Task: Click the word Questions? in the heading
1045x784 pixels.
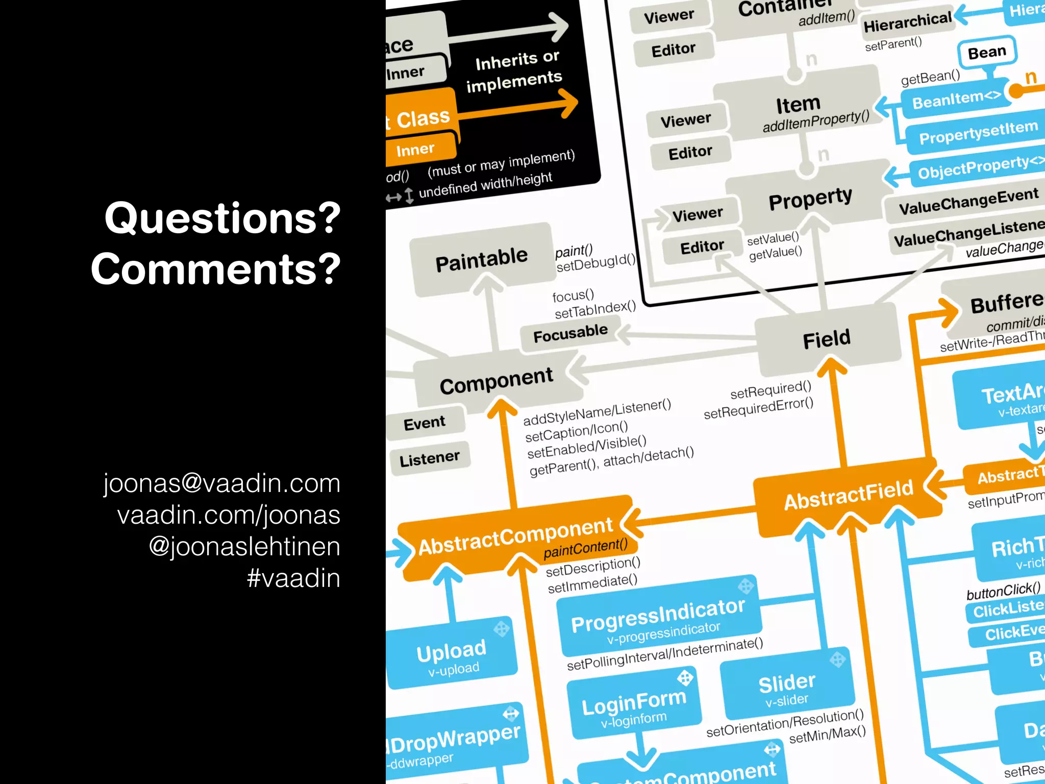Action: (x=222, y=218)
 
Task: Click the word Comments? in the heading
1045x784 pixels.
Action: (x=216, y=269)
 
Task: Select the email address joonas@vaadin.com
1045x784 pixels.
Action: (x=222, y=483)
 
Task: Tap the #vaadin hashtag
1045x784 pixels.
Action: (x=293, y=578)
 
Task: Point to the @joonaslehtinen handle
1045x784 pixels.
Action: (x=244, y=547)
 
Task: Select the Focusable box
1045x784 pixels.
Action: (x=570, y=334)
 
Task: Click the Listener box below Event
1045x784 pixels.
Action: (x=430, y=458)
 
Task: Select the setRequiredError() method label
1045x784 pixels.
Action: (x=758, y=408)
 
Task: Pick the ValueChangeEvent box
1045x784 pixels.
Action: (x=968, y=201)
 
